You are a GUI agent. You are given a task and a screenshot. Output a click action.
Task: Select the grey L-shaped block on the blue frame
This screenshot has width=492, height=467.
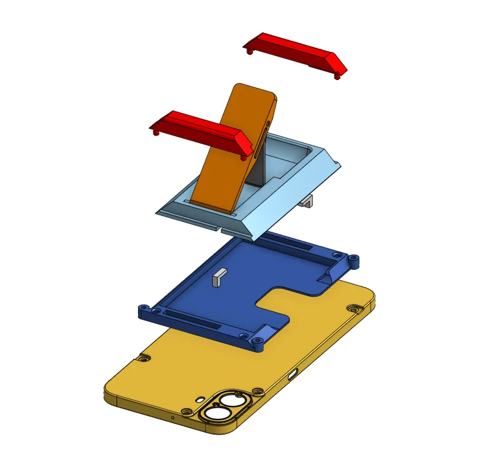[x=219, y=277]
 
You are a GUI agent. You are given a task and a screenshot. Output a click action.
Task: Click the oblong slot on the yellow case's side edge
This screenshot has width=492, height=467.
[x=291, y=375]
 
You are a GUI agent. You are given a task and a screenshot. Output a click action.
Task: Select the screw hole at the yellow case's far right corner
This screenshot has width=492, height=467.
[x=351, y=309]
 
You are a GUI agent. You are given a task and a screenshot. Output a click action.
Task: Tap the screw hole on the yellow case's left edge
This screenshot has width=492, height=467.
[x=144, y=358]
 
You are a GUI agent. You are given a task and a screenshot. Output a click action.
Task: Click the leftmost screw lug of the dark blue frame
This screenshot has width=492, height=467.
[x=144, y=309]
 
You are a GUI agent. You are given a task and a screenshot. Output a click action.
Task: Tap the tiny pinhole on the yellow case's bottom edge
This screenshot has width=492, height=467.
[x=173, y=418]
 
